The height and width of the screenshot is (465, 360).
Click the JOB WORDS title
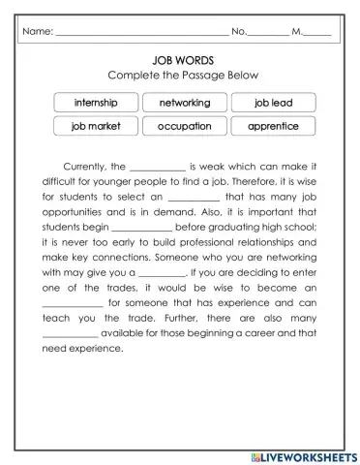180,59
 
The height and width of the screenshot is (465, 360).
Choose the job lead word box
273,103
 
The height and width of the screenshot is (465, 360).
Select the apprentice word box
273,126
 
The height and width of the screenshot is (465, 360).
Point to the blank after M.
317,32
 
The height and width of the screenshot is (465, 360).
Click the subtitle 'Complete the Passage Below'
180,76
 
